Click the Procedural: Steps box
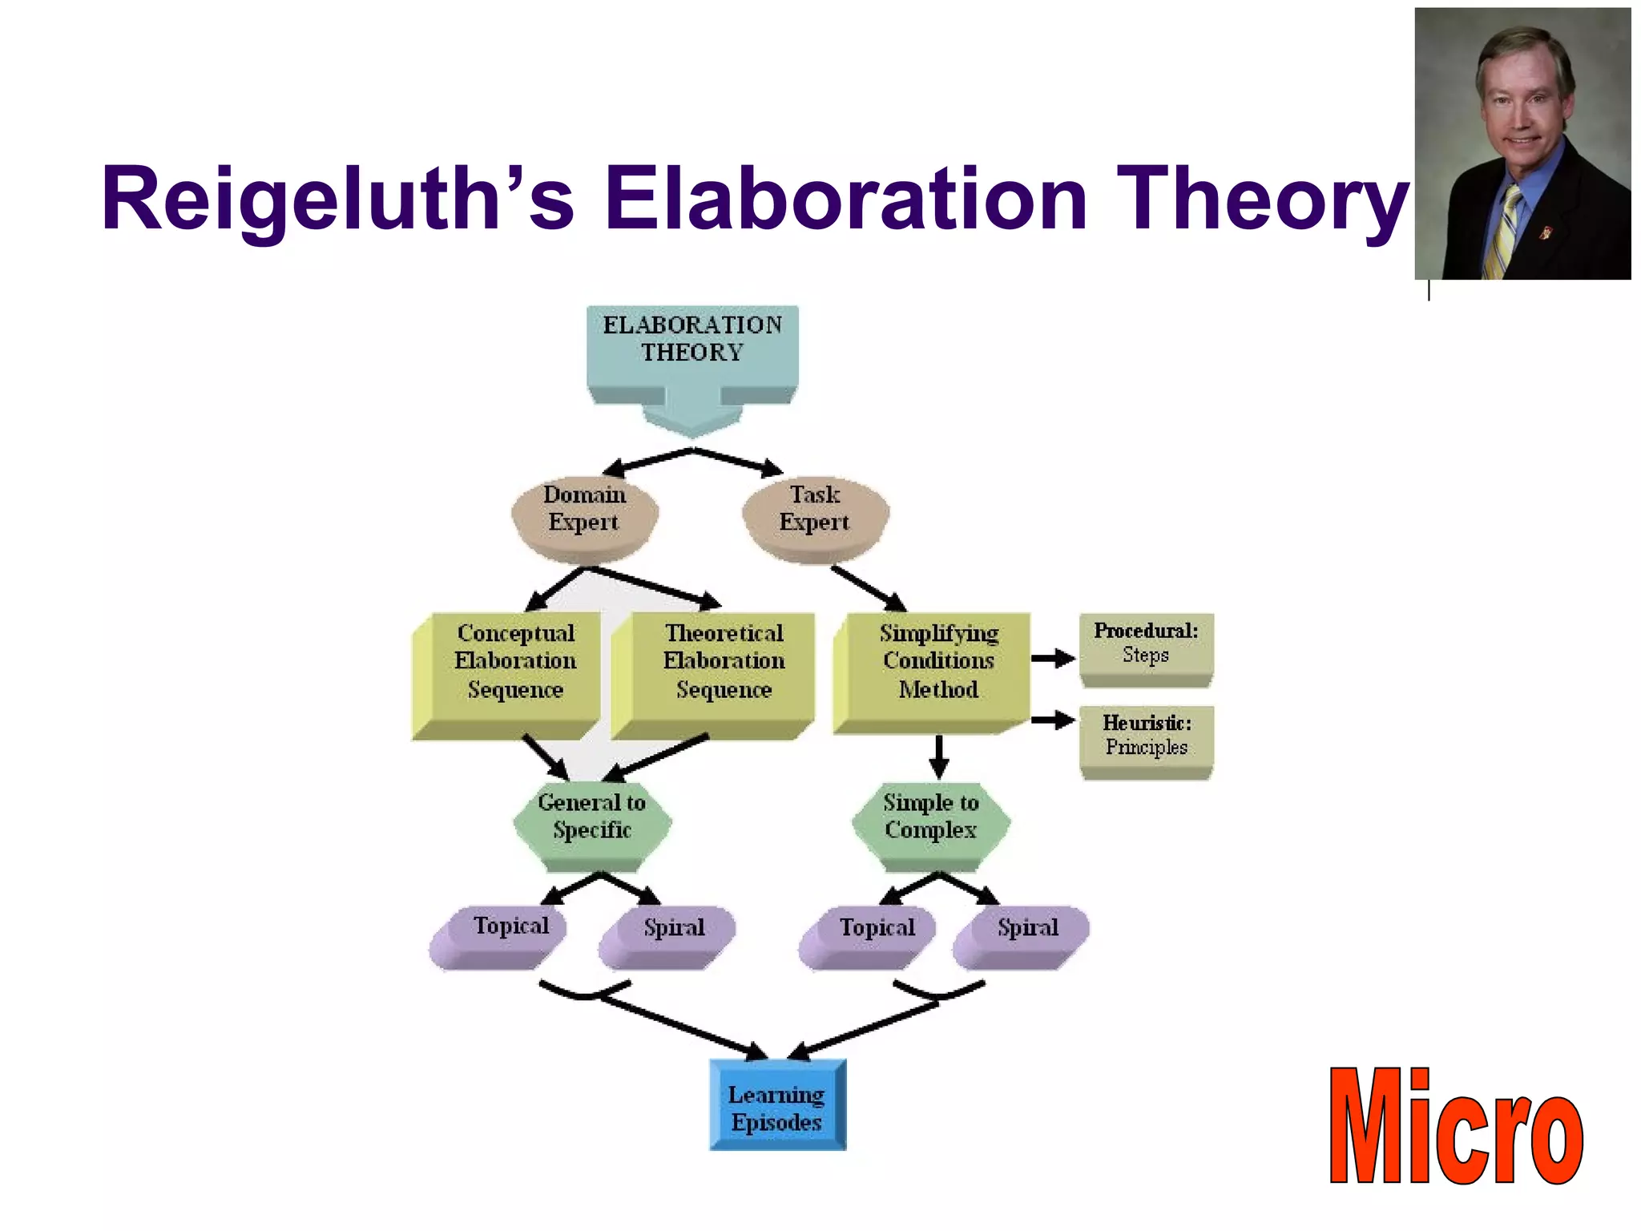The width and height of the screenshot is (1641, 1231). (1146, 646)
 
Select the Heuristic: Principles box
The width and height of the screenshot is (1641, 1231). (1146, 737)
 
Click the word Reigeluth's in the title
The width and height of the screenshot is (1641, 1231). (337, 200)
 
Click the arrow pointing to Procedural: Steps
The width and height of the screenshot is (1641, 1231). (1053, 659)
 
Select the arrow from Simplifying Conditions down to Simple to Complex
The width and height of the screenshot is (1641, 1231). (939, 755)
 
